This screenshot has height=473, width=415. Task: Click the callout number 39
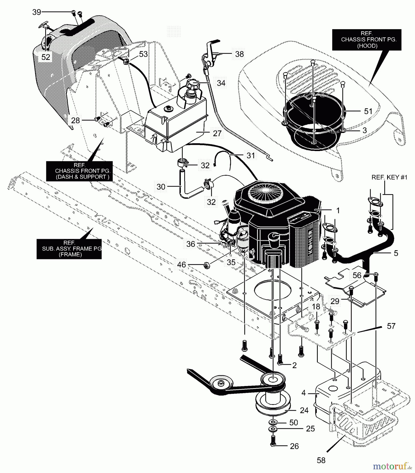(x=37, y=12)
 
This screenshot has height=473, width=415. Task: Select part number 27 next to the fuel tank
(x=217, y=133)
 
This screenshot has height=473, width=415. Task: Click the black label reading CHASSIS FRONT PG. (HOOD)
(x=366, y=40)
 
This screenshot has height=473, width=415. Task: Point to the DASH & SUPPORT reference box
(x=79, y=171)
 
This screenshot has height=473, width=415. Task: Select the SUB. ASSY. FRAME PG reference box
(x=69, y=249)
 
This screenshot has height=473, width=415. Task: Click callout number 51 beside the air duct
(x=368, y=111)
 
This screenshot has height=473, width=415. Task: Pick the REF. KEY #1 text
(x=389, y=178)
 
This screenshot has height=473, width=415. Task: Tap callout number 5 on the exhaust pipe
(x=396, y=253)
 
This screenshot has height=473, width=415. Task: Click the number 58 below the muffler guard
(x=321, y=460)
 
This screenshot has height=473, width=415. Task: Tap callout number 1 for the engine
(x=338, y=210)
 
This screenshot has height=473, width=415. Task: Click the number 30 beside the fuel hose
(x=161, y=187)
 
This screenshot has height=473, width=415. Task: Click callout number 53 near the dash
(x=143, y=54)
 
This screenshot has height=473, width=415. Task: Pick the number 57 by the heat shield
(x=391, y=326)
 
